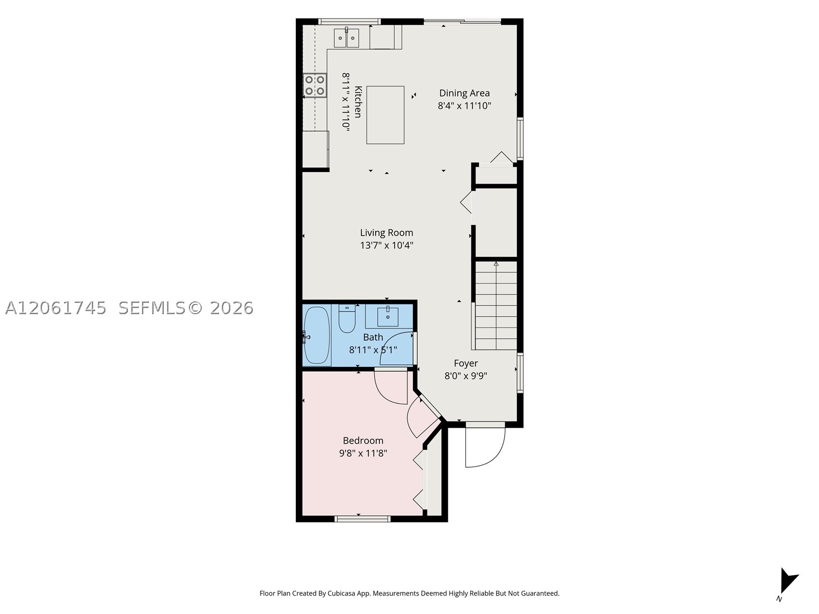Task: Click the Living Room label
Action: (386, 233)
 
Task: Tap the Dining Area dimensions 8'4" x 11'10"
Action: (464, 106)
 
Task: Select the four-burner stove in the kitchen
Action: (314, 85)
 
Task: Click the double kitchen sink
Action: (346, 38)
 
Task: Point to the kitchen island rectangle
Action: (385, 115)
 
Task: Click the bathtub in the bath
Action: (317, 335)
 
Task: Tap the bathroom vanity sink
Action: (387, 317)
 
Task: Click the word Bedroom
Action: (363, 441)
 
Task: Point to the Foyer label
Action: (466, 363)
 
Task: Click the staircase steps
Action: (496, 305)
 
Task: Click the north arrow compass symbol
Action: (788, 583)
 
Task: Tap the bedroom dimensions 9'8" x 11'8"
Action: (363, 453)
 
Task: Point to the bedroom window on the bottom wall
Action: (362, 518)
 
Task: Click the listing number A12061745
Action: (56, 308)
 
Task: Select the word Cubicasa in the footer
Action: (341, 594)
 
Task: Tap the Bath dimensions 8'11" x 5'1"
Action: (373, 350)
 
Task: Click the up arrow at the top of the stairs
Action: (496, 264)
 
